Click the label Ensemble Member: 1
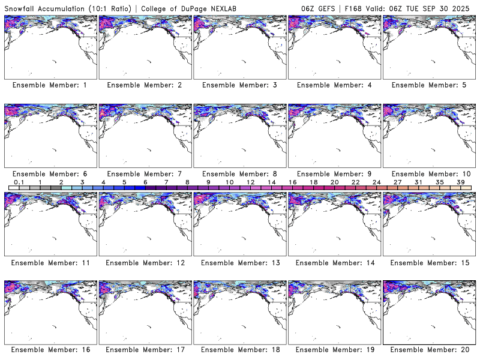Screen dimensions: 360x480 50,85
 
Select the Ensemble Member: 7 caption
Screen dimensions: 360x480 145,173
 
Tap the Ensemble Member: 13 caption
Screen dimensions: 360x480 239,262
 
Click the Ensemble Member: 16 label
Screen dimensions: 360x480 50,349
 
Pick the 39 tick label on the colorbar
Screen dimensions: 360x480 460,182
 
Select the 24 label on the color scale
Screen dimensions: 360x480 376,182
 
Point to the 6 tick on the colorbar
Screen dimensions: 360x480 145,182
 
